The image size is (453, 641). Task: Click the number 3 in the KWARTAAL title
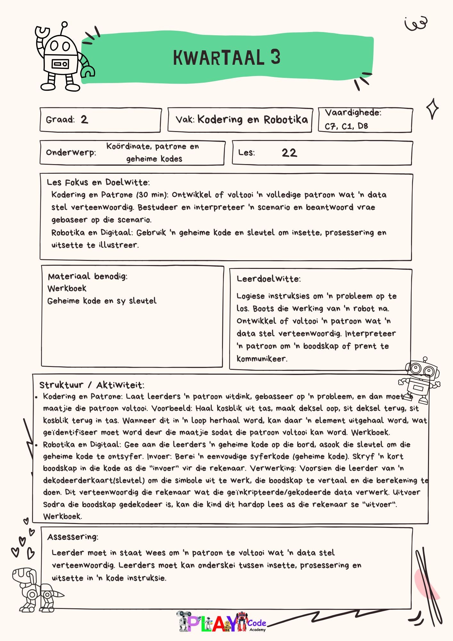coord(275,57)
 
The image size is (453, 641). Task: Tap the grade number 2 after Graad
coord(84,120)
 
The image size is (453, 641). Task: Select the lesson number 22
coord(289,153)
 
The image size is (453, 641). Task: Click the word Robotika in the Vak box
coord(285,120)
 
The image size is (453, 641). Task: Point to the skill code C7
coord(330,126)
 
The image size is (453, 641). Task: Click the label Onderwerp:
coord(71,152)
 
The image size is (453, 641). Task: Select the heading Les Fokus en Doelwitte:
coord(98,182)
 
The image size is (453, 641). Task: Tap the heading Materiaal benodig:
coord(87,276)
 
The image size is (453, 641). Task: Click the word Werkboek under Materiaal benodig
coord(67,288)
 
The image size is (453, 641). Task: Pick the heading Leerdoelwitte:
coord(268,279)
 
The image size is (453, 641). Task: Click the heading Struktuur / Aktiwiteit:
coord(92,385)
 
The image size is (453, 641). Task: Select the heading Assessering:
coord(73,537)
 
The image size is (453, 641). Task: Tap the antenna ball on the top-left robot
coord(64,24)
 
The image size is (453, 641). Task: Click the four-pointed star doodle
coord(432,109)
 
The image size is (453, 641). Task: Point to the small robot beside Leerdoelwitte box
coord(420,380)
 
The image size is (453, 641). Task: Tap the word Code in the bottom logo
coord(257,623)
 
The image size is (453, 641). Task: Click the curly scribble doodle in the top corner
coord(416,23)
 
